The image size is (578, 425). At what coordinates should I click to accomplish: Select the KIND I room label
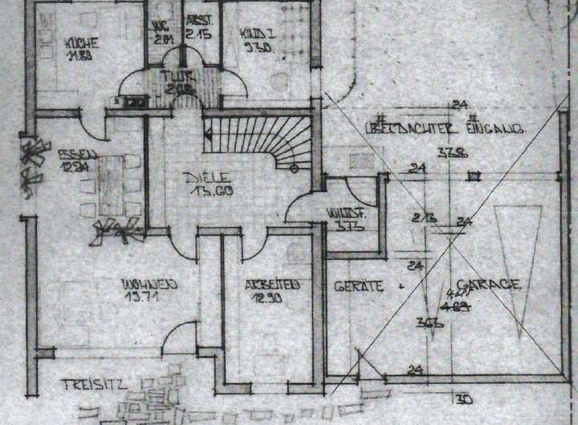pyautogui.click(x=258, y=33)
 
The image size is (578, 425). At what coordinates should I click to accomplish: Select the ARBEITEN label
pyautogui.click(x=273, y=285)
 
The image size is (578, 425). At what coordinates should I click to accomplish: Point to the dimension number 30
pyautogui.click(x=464, y=399)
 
